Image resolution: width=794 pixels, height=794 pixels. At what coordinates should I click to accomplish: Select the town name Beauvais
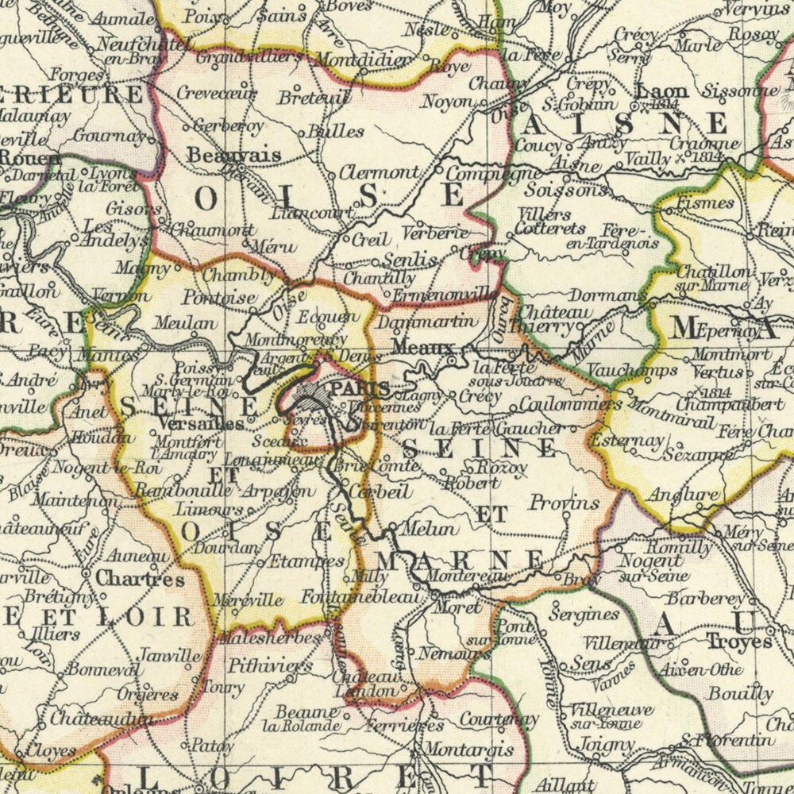tap(233, 155)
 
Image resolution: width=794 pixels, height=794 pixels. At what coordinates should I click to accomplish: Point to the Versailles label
tap(211, 424)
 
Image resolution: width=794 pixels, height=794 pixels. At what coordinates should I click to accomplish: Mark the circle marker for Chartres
tap(86, 572)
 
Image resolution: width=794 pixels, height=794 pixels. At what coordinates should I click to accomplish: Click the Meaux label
tap(422, 348)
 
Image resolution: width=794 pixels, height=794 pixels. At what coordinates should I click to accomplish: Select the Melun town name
tap(430, 529)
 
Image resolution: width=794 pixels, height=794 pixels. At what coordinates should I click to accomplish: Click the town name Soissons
tap(555, 191)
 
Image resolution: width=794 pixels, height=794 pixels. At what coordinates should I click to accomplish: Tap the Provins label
tap(564, 503)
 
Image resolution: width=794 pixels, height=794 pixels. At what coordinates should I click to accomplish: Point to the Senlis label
tap(409, 260)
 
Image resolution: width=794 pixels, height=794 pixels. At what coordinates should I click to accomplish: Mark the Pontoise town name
tap(218, 298)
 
